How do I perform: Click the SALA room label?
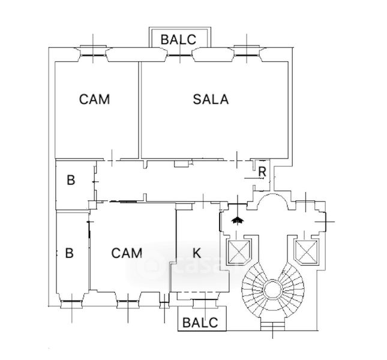pos(211,100)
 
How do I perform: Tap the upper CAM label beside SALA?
pos(94,99)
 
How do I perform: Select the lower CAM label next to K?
pos(127,253)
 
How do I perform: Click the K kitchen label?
pos(196,252)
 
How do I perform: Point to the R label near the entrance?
pos(262,170)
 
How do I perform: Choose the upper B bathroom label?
pos(71,179)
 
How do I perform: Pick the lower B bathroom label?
pos(69,253)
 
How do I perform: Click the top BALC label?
pos(178,40)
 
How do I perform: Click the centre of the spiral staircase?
pos(270,291)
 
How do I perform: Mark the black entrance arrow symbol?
pos(238,220)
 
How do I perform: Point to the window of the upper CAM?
pos(94,53)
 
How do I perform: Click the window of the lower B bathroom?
pos(71,301)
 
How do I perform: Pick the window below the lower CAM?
pos(127,301)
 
